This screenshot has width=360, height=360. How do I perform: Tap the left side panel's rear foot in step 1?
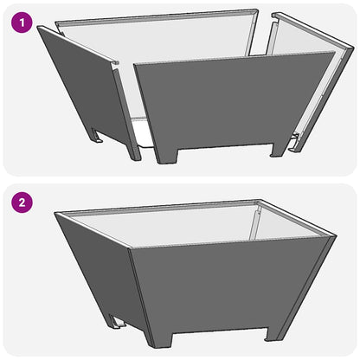[x=98, y=135]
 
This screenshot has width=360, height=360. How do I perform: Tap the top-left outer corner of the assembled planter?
[x=55, y=214]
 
